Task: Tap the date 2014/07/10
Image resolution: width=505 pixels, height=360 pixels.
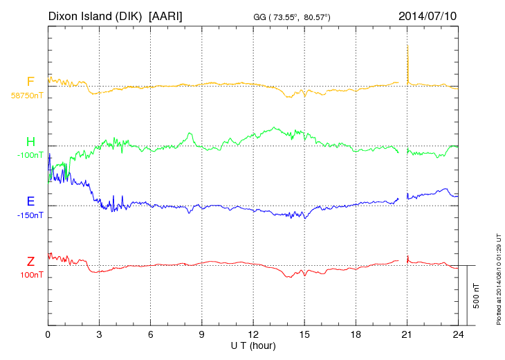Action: pos(428,15)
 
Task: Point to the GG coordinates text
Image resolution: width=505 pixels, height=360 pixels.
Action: pos(293,17)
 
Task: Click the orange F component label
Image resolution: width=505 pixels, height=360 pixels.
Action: pos(30,82)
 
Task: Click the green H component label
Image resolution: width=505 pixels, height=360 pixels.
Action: pos(30,142)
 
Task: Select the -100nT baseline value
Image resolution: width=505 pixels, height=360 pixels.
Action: pos(29,155)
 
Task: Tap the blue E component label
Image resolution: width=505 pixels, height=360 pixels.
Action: pos(30,202)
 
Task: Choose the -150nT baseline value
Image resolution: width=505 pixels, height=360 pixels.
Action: pos(29,215)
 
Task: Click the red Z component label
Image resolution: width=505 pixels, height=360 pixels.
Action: pos(30,262)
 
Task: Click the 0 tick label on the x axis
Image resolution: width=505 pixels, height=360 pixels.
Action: pos(48,334)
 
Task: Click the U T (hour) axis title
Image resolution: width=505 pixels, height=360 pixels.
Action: pos(253,345)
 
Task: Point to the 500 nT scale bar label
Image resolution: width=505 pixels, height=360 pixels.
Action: pos(477,296)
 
